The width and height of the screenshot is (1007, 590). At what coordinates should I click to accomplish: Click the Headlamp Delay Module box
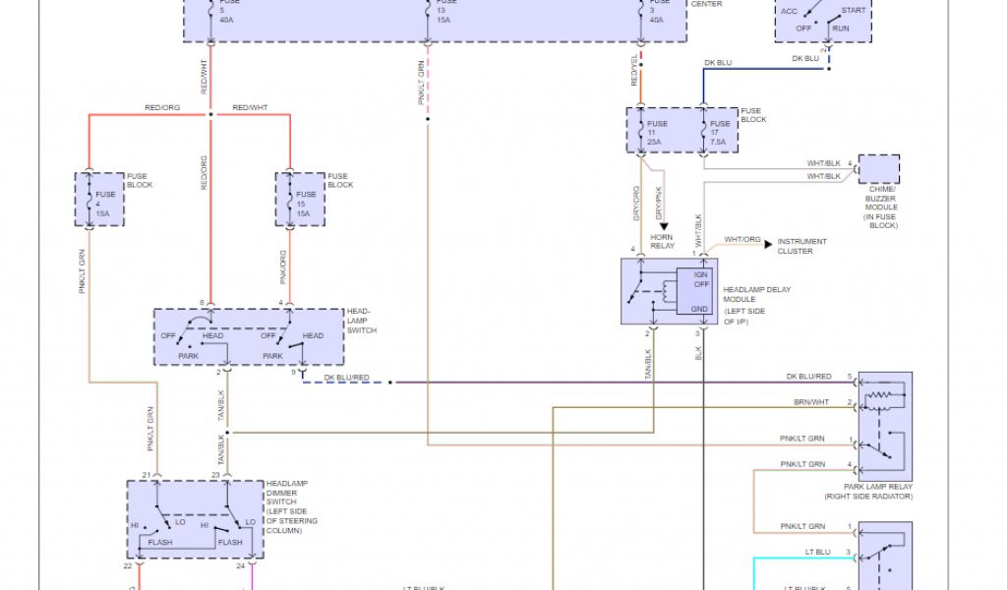[x=669, y=291]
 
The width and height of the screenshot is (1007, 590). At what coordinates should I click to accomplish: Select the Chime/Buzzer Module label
[x=881, y=207]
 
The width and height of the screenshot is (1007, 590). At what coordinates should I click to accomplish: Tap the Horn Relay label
[x=663, y=241]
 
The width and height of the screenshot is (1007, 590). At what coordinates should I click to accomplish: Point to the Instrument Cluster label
[x=801, y=246]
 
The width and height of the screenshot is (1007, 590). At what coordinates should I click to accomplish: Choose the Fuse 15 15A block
[x=300, y=200]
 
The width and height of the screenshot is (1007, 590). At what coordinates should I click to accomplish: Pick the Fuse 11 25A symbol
[x=653, y=132]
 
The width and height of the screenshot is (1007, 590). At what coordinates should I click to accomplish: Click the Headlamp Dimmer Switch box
[x=195, y=520]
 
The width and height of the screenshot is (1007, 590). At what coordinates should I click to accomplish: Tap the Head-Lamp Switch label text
[x=361, y=321]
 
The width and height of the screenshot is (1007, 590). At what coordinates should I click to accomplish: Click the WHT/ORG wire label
[x=742, y=240]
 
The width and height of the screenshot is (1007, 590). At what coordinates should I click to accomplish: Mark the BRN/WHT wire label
[x=811, y=403]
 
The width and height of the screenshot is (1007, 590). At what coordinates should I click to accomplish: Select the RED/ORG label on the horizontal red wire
[x=162, y=107]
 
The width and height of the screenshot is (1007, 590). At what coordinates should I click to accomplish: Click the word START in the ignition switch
[x=855, y=11]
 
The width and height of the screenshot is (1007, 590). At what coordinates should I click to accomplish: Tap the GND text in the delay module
[x=699, y=310]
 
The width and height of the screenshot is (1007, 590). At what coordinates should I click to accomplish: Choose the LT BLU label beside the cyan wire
[x=817, y=553]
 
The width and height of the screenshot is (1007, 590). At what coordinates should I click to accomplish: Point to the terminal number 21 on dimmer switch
[x=147, y=475]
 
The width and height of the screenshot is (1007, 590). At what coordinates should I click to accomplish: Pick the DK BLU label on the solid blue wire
[x=718, y=63]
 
